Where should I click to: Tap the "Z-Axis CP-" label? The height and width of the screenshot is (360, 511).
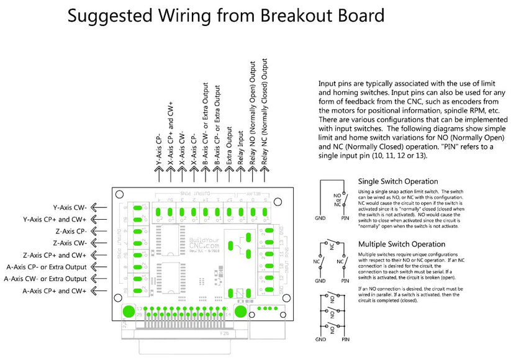70,231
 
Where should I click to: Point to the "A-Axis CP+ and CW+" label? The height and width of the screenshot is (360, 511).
55,290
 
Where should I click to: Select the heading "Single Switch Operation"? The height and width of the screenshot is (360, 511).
402,181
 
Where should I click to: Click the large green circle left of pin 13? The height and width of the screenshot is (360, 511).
127,311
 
